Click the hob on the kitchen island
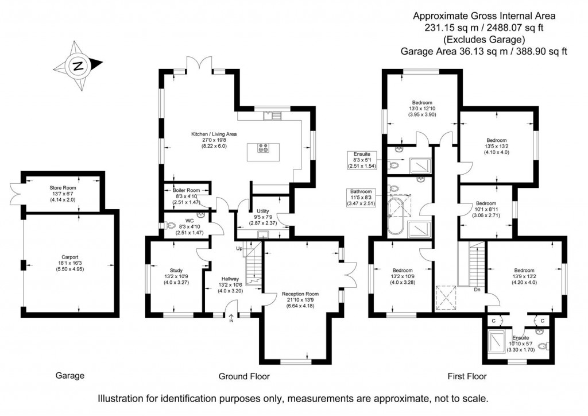(x=264, y=148)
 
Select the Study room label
(x=176, y=276)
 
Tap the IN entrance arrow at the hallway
(x=232, y=318)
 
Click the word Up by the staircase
(x=239, y=248)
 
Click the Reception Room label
(x=300, y=299)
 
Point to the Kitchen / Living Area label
(x=214, y=140)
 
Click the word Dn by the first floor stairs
(x=477, y=290)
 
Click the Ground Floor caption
(x=244, y=376)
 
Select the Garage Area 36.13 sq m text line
(x=483, y=51)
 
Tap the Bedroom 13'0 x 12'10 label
(x=422, y=108)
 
